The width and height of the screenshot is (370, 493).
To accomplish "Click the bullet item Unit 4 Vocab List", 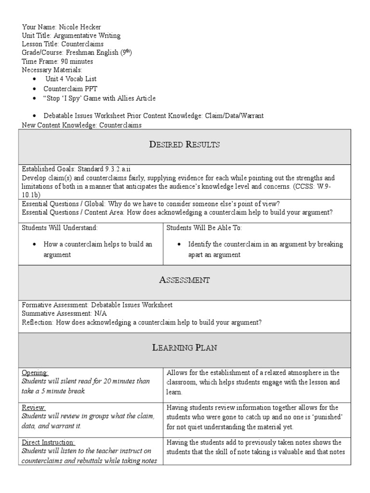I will click(71, 79).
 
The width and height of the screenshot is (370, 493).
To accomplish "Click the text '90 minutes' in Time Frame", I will click(75, 62).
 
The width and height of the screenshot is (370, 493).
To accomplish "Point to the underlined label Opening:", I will click(35, 373).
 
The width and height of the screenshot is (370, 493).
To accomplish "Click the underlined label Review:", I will click(34, 408).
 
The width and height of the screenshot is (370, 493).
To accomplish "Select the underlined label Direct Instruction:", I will click(48, 442).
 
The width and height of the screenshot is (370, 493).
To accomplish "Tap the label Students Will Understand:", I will click(60, 227).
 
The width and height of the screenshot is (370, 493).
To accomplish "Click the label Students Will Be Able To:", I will click(204, 227).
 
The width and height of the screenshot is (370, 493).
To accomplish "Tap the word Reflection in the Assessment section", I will click(38, 322).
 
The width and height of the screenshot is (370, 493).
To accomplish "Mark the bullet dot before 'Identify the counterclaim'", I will click(179, 245).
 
